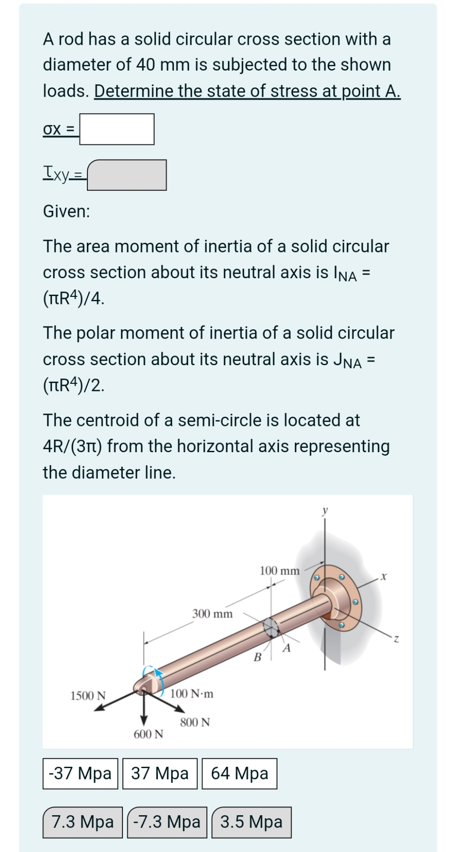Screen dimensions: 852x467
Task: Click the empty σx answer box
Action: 117,129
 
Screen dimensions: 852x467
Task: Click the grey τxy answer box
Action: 127,175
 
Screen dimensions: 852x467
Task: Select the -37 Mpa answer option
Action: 80,773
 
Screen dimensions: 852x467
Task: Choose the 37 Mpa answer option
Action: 160,773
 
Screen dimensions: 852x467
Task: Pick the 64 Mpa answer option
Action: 239,773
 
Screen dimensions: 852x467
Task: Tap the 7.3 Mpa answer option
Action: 82,822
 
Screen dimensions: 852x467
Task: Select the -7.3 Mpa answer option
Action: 167,822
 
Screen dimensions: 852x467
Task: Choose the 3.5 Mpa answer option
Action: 251,822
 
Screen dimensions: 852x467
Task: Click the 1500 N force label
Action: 88,695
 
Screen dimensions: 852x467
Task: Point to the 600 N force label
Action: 149,734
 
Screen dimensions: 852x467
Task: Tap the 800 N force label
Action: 195,722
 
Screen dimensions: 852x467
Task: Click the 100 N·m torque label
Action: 192,693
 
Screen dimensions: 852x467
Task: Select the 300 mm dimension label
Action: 212,614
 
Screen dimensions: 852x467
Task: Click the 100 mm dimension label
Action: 279,571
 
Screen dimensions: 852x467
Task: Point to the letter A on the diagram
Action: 286,648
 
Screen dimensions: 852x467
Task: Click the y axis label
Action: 325,510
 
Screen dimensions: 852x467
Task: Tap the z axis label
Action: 396,639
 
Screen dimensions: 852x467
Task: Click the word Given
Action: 66,211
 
